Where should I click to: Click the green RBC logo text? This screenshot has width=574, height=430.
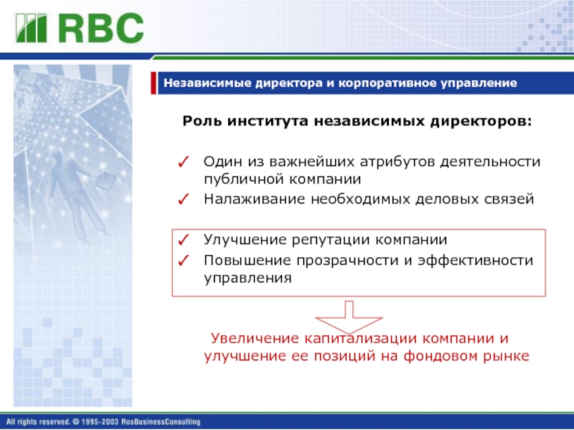pos(100,28)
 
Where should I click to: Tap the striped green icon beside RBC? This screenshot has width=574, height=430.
pos(31,28)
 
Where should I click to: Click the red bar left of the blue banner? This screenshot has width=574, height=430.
pos(154,83)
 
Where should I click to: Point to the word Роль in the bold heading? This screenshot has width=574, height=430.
pos(202,121)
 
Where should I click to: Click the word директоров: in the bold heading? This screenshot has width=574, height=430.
pos(481,121)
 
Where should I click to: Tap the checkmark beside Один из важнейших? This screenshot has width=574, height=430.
pos(183,162)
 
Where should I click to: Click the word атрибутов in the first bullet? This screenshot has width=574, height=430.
pos(397,162)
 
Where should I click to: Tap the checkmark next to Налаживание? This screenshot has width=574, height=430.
pos(183,199)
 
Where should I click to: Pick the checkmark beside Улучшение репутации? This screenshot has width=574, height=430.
pos(183,240)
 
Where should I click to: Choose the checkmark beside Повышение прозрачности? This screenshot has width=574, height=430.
pos(183,261)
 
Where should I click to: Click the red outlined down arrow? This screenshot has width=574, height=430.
pos(349,318)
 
